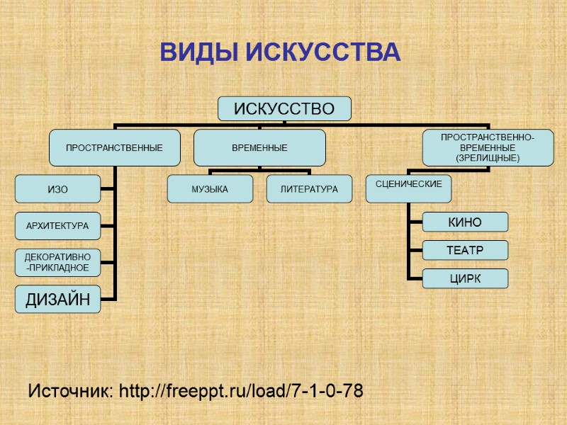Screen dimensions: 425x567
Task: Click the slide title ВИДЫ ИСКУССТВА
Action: click(280, 52)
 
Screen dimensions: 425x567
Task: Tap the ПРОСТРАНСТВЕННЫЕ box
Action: click(114, 148)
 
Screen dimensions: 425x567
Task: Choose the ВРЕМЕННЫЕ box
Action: click(259, 148)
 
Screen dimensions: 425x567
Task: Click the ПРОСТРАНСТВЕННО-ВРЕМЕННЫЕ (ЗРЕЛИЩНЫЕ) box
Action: click(488, 148)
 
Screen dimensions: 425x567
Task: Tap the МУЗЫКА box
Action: click(210, 189)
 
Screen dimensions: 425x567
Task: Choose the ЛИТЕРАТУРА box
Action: click(309, 189)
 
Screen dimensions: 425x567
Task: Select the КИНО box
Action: click(465, 222)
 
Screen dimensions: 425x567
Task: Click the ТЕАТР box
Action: click(465, 250)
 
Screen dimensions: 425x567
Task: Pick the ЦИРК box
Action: click(465, 278)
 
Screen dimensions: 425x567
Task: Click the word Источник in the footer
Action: click(69, 390)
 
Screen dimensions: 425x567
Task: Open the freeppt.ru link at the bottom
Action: click(241, 390)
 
